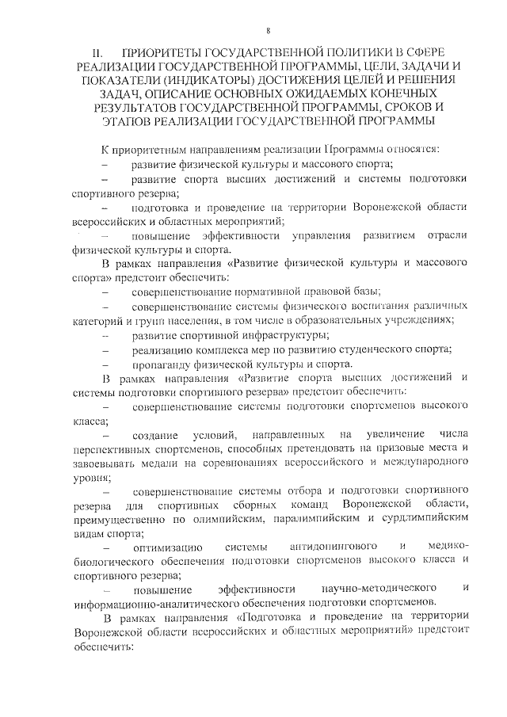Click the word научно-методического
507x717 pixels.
click(376, 589)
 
